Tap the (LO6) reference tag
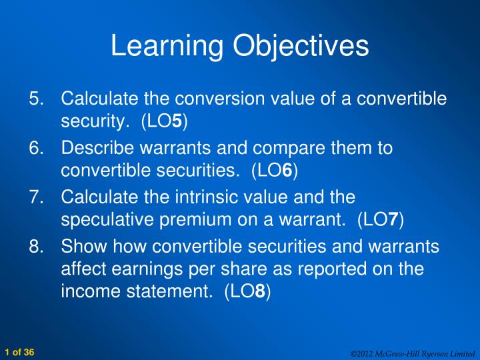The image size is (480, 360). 275,171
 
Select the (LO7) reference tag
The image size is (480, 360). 381,219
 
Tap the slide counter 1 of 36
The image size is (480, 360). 19,351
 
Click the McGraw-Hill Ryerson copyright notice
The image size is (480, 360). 413,352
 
